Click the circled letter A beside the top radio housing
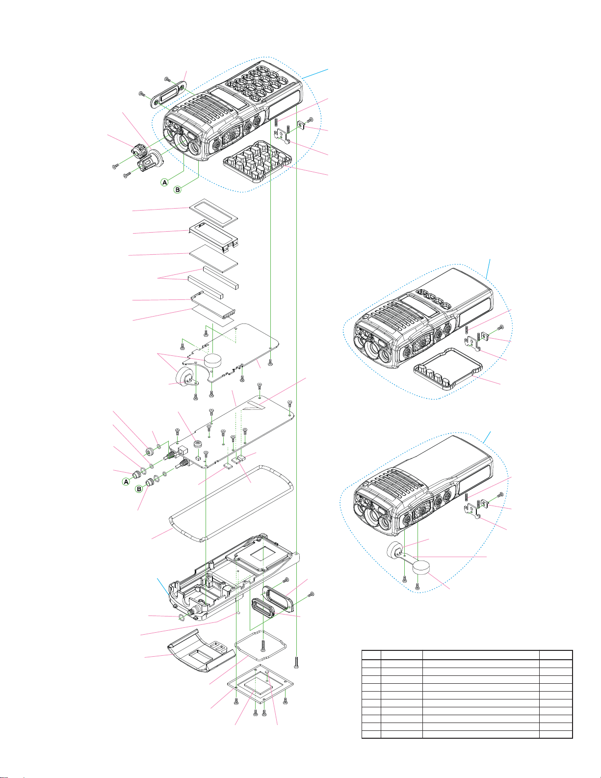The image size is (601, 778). click(164, 183)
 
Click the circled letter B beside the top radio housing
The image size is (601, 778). click(178, 190)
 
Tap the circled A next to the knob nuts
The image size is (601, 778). click(126, 482)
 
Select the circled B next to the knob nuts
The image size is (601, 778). click(139, 489)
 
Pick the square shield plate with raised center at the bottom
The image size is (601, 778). click(261, 686)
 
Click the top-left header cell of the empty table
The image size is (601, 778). click(371, 655)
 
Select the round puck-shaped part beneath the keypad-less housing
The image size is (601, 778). click(421, 567)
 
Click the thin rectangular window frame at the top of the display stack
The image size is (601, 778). click(213, 214)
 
